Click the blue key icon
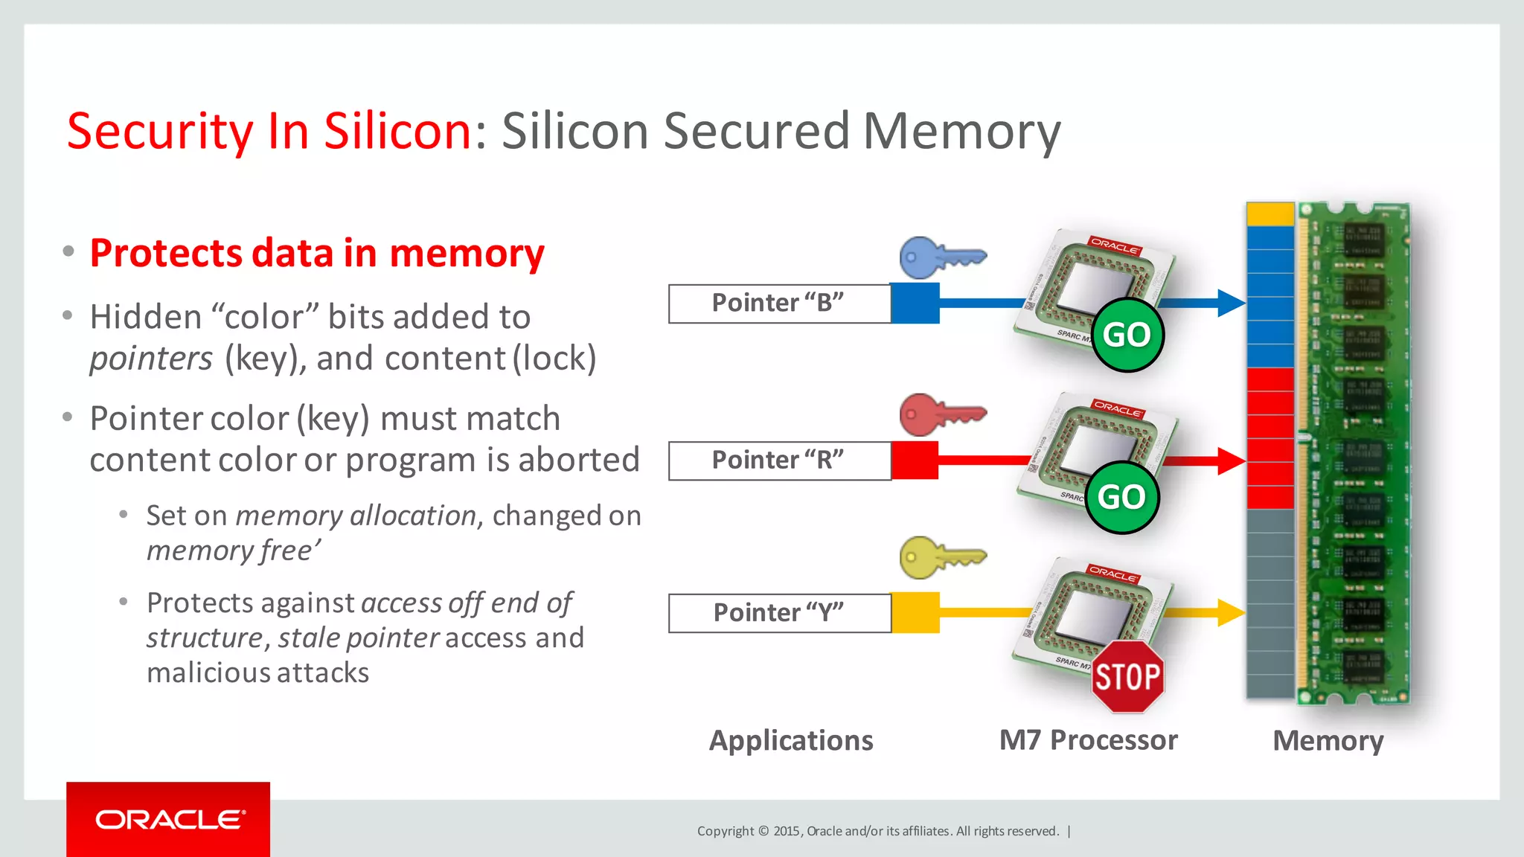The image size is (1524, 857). click(941, 257)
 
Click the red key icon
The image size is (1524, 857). click(941, 414)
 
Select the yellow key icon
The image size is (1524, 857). click(941, 557)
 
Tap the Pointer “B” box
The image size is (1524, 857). click(778, 304)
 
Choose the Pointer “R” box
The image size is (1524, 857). click(778, 460)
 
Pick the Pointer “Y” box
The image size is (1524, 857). click(778, 613)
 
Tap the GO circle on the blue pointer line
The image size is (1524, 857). click(1127, 335)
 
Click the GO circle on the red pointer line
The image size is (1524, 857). click(1121, 497)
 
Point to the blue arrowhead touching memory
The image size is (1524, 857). click(1231, 303)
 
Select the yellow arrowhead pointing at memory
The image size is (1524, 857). click(1231, 612)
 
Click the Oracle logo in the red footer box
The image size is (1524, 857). click(169, 820)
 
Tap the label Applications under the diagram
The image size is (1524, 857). click(791, 741)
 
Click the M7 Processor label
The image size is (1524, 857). click(1088, 740)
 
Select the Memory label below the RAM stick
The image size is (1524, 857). click(1328, 741)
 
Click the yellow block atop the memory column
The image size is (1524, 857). click(1270, 214)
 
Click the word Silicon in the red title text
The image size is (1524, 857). click(397, 132)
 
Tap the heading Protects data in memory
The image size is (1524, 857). click(317, 254)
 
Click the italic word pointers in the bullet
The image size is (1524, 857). click(151, 359)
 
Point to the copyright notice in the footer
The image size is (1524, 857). click(877, 831)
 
